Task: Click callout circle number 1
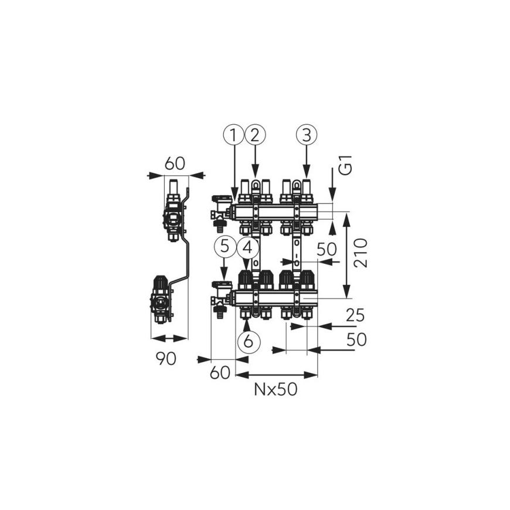click(x=233, y=135)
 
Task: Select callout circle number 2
click(x=255, y=135)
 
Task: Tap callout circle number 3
click(x=307, y=135)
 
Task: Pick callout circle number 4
click(x=248, y=248)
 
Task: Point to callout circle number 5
click(x=225, y=248)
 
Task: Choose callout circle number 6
click(x=249, y=341)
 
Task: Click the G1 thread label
click(x=348, y=165)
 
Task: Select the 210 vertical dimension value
click(x=361, y=253)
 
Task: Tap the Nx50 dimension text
click(x=276, y=389)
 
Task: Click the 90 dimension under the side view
click(x=166, y=358)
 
